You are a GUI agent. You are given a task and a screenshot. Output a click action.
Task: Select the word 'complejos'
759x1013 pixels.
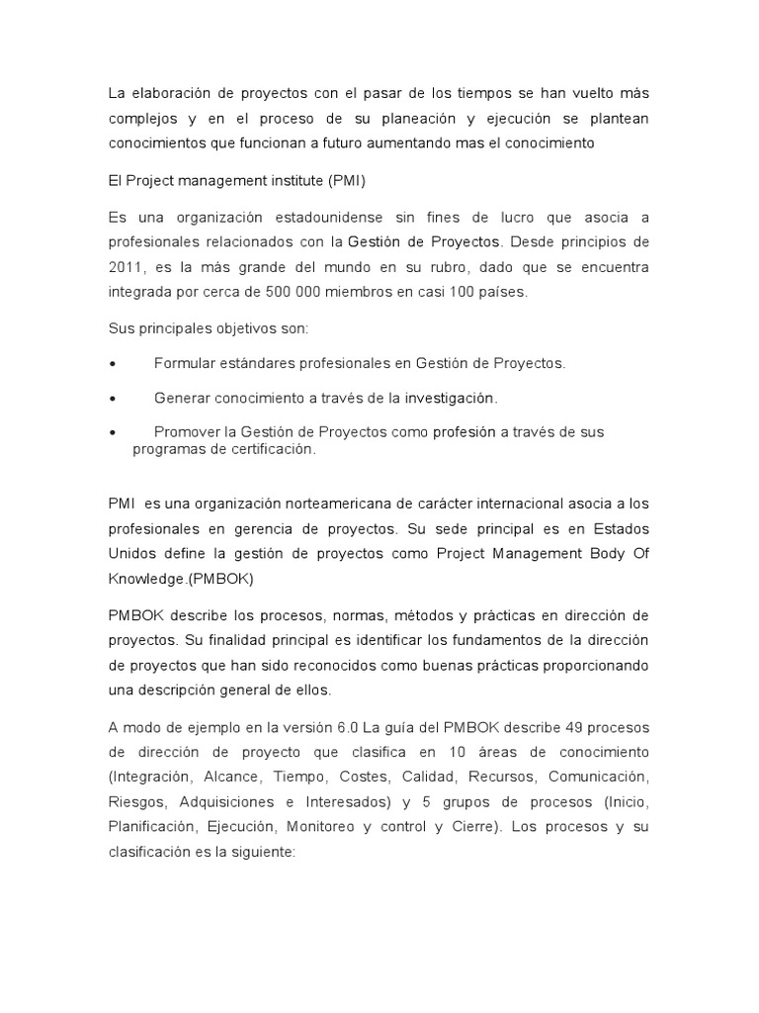pos(141,118)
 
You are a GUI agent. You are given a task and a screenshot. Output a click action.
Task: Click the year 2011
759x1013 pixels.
pos(126,266)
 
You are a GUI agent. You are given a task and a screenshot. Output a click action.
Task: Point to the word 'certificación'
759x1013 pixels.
pos(271,449)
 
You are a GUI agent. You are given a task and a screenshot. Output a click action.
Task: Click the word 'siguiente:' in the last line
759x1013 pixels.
pos(261,851)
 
